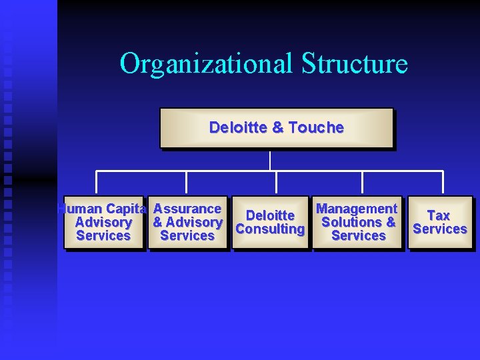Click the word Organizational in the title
(207, 64)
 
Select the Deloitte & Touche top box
(276, 127)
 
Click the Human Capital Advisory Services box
(103, 223)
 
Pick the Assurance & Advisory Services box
(187, 223)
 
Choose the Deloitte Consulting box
(270, 223)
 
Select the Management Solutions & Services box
(358, 223)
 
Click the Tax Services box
(439, 223)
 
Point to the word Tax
(439, 215)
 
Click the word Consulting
(270, 229)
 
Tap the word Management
(357, 209)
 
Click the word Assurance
(187, 209)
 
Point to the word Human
(78, 209)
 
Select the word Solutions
(351, 222)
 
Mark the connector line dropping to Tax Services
(443, 183)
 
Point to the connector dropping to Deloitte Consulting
(269, 183)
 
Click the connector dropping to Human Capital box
(97, 183)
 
